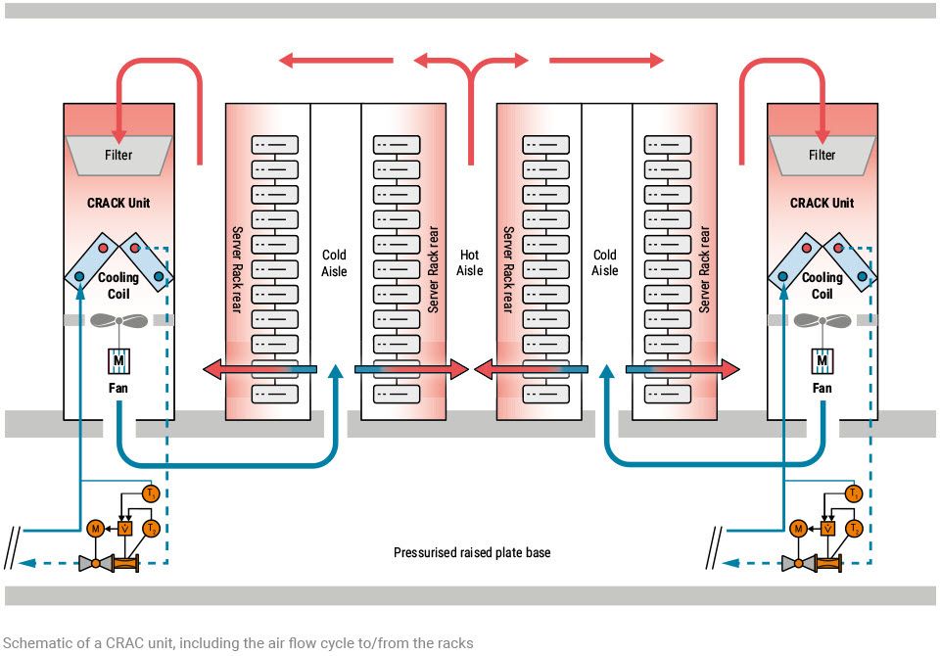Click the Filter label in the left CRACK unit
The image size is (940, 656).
click(x=118, y=155)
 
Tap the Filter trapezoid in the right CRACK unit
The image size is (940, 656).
click(x=822, y=155)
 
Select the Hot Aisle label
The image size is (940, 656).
click(x=469, y=263)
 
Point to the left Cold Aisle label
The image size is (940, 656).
click(x=334, y=263)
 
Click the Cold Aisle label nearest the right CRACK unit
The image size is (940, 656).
click(x=604, y=263)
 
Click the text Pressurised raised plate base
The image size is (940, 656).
click(x=472, y=553)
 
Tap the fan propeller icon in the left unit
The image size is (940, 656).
click(x=118, y=321)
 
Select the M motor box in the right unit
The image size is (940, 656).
click(x=822, y=362)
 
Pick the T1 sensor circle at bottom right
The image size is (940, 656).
click(x=854, y=493)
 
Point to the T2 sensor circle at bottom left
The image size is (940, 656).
click(x=151, y=529)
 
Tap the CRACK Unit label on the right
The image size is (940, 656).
click(x=822, y=204)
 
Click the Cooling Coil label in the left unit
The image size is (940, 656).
click(x=118, y=285)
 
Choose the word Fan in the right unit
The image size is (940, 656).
click(x=822, y=389)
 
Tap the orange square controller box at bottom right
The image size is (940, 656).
click(x=828, y=529)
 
